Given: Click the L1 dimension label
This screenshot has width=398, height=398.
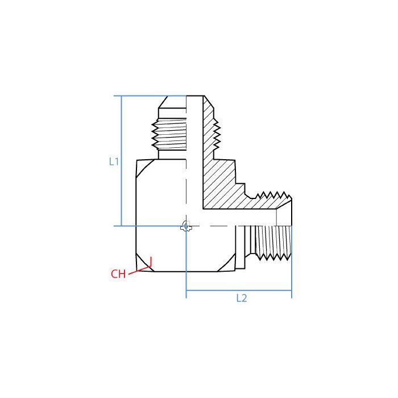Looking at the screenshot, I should coord(114,161).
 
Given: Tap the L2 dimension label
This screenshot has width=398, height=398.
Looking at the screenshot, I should coord(242,298).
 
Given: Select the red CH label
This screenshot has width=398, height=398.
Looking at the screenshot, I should coord(118,274).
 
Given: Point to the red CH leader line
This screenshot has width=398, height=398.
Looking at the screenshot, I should coord(139,270).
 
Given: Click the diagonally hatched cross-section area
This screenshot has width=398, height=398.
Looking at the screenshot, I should coord(219,182).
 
